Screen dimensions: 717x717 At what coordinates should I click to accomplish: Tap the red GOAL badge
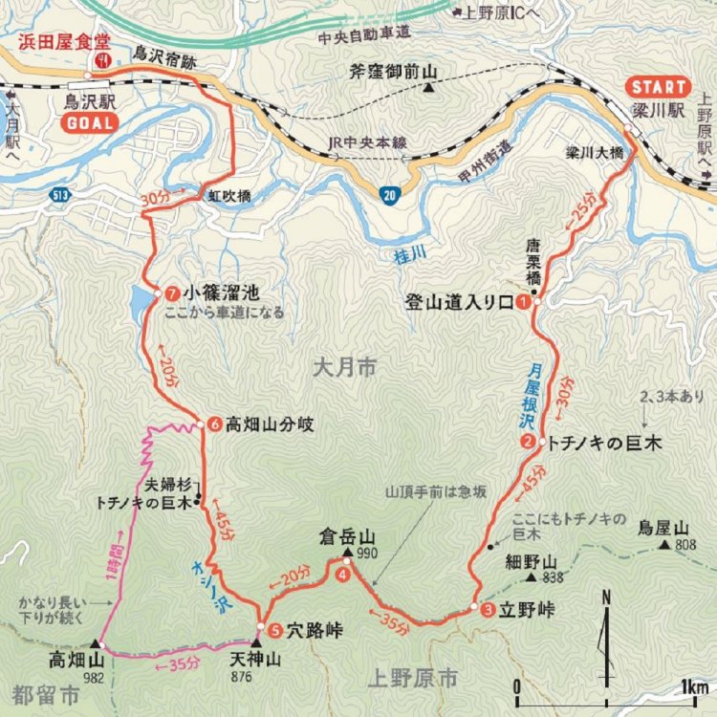tap(88, 122)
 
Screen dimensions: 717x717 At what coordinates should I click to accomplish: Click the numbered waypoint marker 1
tap(523, 302)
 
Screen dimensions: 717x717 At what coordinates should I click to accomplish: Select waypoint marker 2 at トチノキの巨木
tap(528, 442)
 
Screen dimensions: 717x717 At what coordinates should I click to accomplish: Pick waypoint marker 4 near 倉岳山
tap(342, 574)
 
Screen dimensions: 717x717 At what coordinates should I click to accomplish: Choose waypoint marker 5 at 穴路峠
tap(273, 630)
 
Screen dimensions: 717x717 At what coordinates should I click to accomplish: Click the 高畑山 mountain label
tap(76, 660)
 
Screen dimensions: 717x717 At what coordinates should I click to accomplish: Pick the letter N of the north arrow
tap(606, 599)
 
